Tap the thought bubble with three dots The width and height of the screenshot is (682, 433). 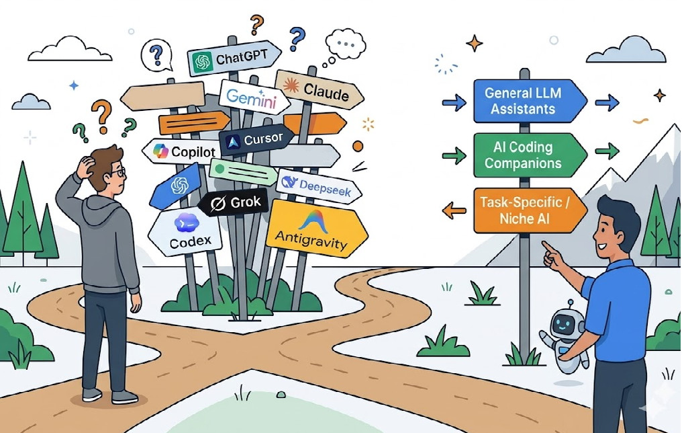[x=346, y=44]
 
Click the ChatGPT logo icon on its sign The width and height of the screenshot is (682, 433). [x=201, y=62]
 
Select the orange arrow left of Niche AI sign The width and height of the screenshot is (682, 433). [x=454, y=210]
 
